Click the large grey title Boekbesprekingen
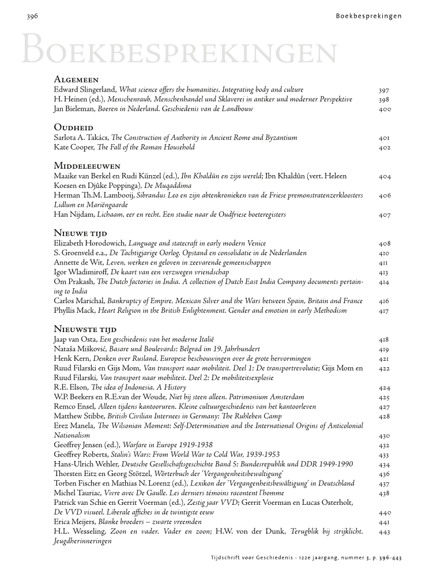tap(178, 50)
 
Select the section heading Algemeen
tap(76, 80)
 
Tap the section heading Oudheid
tap(74, 127)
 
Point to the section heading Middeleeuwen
tap(87, 165)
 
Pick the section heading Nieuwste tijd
tap(85, 328)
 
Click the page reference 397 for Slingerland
tap(385, 90)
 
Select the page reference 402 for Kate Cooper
tap(385, 148)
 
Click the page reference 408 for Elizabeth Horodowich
tap(385, 244)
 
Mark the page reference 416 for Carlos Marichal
tap(385, 301)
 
